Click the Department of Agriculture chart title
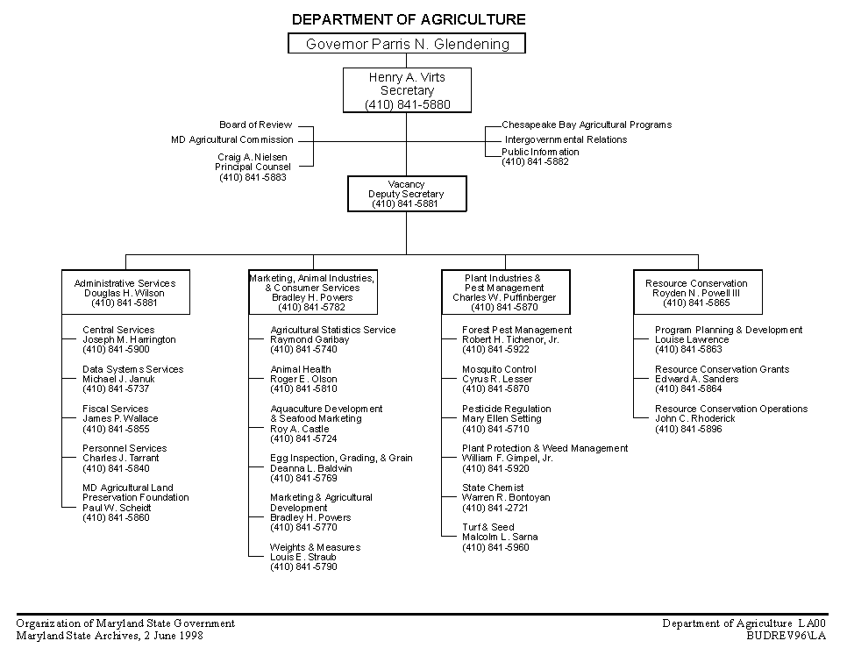coord(409,19)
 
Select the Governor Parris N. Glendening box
coord(407,43)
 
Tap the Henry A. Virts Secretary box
coord(407,90)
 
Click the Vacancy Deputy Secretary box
coord(407,194)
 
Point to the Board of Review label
coord(255,125)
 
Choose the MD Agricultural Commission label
coord(232,140)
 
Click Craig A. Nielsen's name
coord(253,157)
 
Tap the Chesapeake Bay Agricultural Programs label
coord(587,125)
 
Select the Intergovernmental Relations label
coord(566,140)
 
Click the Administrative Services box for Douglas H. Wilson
coord(126,292)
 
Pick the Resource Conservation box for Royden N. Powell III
coord(698,292)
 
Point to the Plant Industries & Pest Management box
coord(506,292)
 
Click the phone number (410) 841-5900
coord(116,349)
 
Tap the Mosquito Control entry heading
coord(499,369)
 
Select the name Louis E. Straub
coord(303,557)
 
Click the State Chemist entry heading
coord(493,488)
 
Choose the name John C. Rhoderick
coord(695,418)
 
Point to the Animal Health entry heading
coord(301,369)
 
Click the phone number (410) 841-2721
coord(495,508)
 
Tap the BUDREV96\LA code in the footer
coord(786,636)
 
